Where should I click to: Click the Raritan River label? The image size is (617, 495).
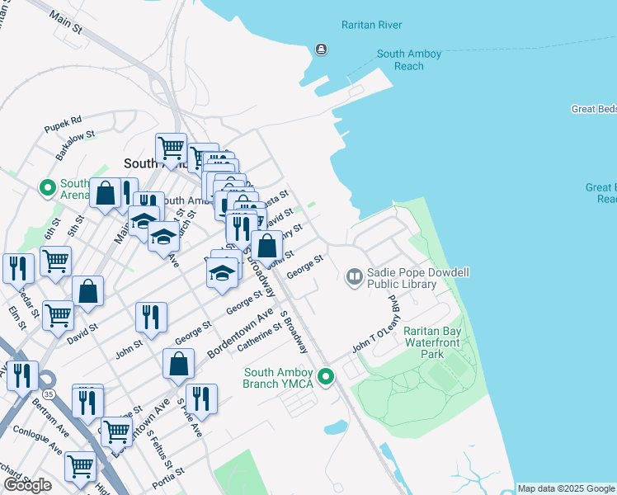click(371, 25)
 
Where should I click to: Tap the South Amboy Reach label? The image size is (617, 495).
click(409, 59)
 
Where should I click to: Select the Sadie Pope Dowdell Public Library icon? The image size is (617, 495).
click(355, 276)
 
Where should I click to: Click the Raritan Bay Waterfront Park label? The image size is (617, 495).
click(431, 342)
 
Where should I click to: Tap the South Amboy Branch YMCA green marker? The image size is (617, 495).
click(327, 377)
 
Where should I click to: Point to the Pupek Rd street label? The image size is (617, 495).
click(64, 120)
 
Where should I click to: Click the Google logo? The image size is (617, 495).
click(27, 485)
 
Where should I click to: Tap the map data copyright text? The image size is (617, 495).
click(566, 488)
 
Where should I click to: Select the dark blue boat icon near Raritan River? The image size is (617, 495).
click(320, 49)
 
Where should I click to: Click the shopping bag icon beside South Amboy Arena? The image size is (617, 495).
click(106, 194)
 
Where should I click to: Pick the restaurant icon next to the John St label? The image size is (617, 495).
click(151, 316)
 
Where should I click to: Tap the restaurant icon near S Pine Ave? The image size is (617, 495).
click(201, 398)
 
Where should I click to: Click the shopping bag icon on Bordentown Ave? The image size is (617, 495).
click(178, 364)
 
